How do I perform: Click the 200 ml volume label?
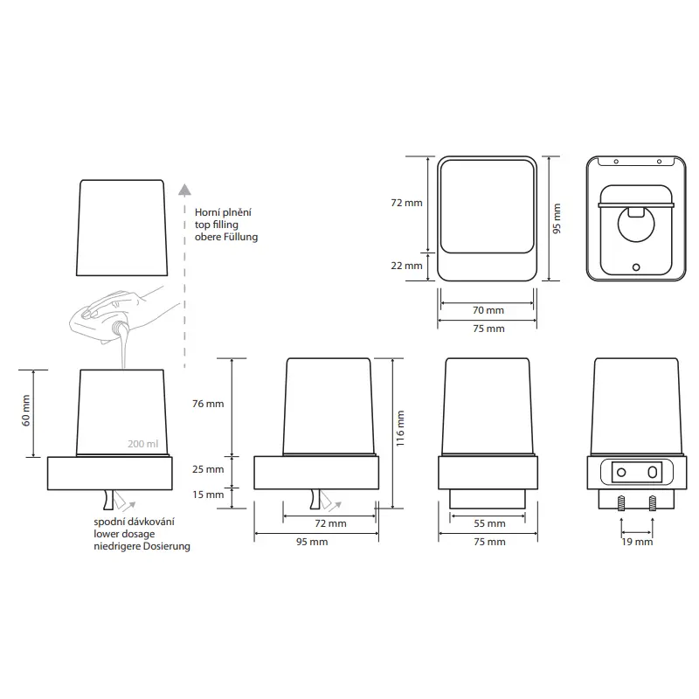(x=142, y=444)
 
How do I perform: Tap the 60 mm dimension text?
(x=26, y=411)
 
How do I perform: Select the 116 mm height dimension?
(x=400, y=428)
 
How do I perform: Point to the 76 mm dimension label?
(x=208, y=404)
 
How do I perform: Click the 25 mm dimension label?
(x=208, y=469)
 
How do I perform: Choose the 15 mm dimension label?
(x=208, y=495)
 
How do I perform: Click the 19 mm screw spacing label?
(x=637, y=542)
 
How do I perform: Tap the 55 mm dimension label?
(x=489, y=523)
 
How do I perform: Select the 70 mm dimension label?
(x=488, y=310)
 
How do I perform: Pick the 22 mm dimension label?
(x=406, y=266)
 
